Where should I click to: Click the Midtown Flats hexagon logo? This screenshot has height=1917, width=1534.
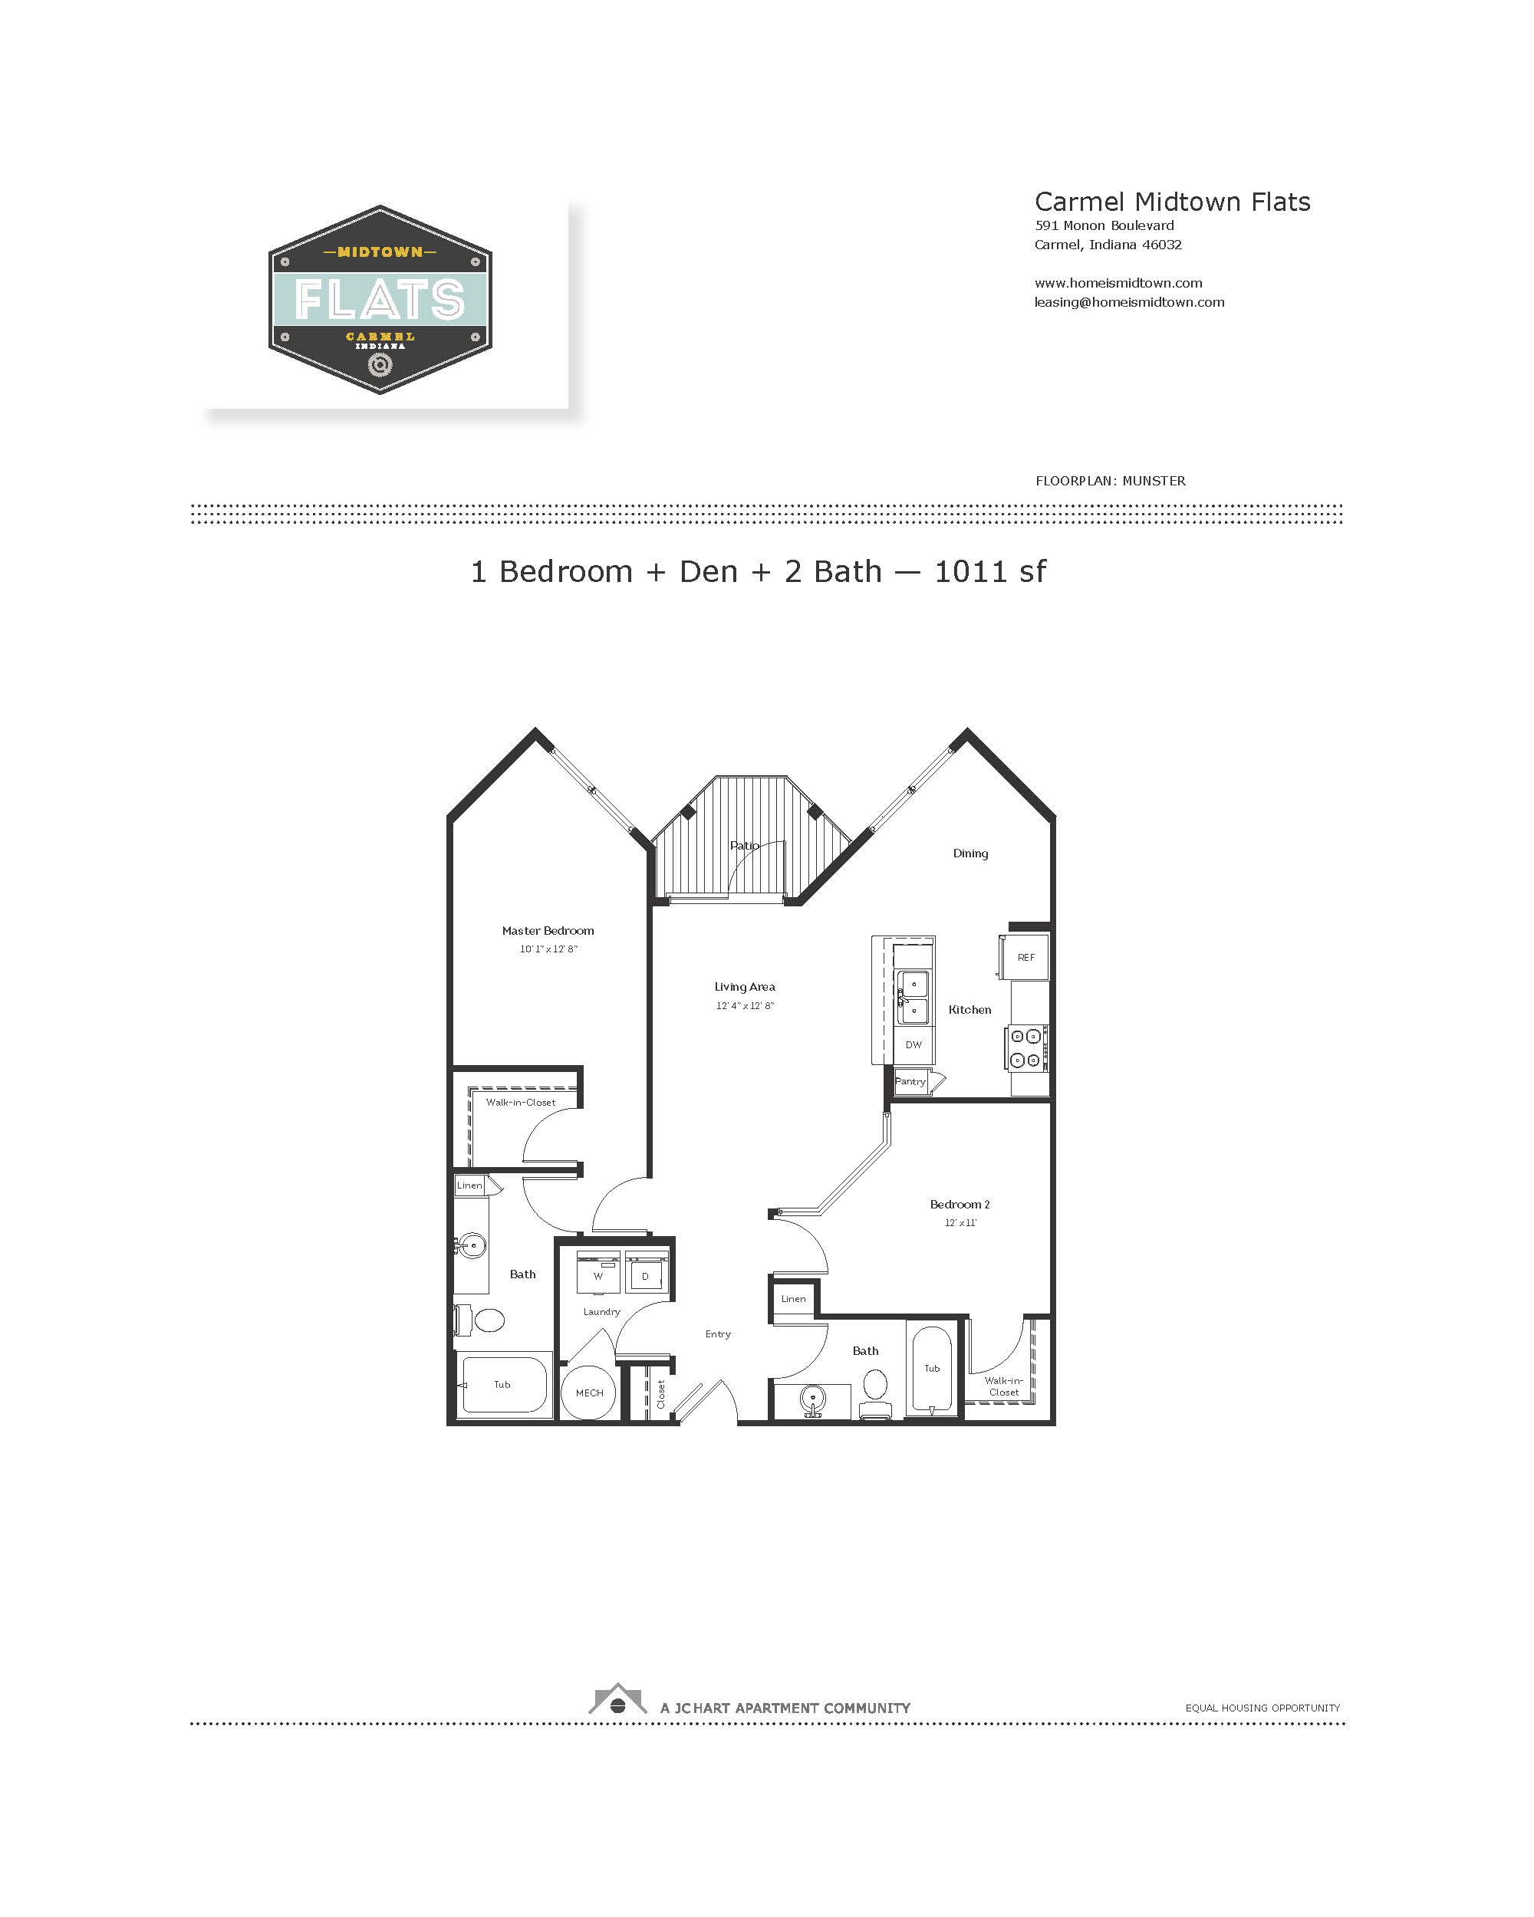(x=380, y=300)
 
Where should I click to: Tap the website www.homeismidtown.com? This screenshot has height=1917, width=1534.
(x=1118, y=283)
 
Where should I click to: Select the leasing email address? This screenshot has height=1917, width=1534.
(x=1128, y=302)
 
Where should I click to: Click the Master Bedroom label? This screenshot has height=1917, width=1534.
(x=548, y=931)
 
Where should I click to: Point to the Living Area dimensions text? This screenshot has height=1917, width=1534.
(x=746, y=1005)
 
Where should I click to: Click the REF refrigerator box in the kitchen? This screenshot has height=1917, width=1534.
(x=1025, y=957)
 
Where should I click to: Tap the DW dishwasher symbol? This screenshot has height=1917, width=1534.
(x=913, y=1044)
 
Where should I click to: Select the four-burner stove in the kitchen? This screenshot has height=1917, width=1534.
(x=1027, y=1047)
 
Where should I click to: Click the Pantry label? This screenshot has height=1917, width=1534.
(x=910, y=1081)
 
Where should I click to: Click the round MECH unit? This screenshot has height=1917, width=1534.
(x=589, y=1393)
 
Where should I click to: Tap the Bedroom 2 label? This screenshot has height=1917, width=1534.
(x=960, y=1205)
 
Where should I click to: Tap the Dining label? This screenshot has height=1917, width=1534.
(x=970, y=853)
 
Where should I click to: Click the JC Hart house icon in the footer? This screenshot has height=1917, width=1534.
(x=617, y=1698)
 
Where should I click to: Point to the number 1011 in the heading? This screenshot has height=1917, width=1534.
(x=972, y=572)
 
